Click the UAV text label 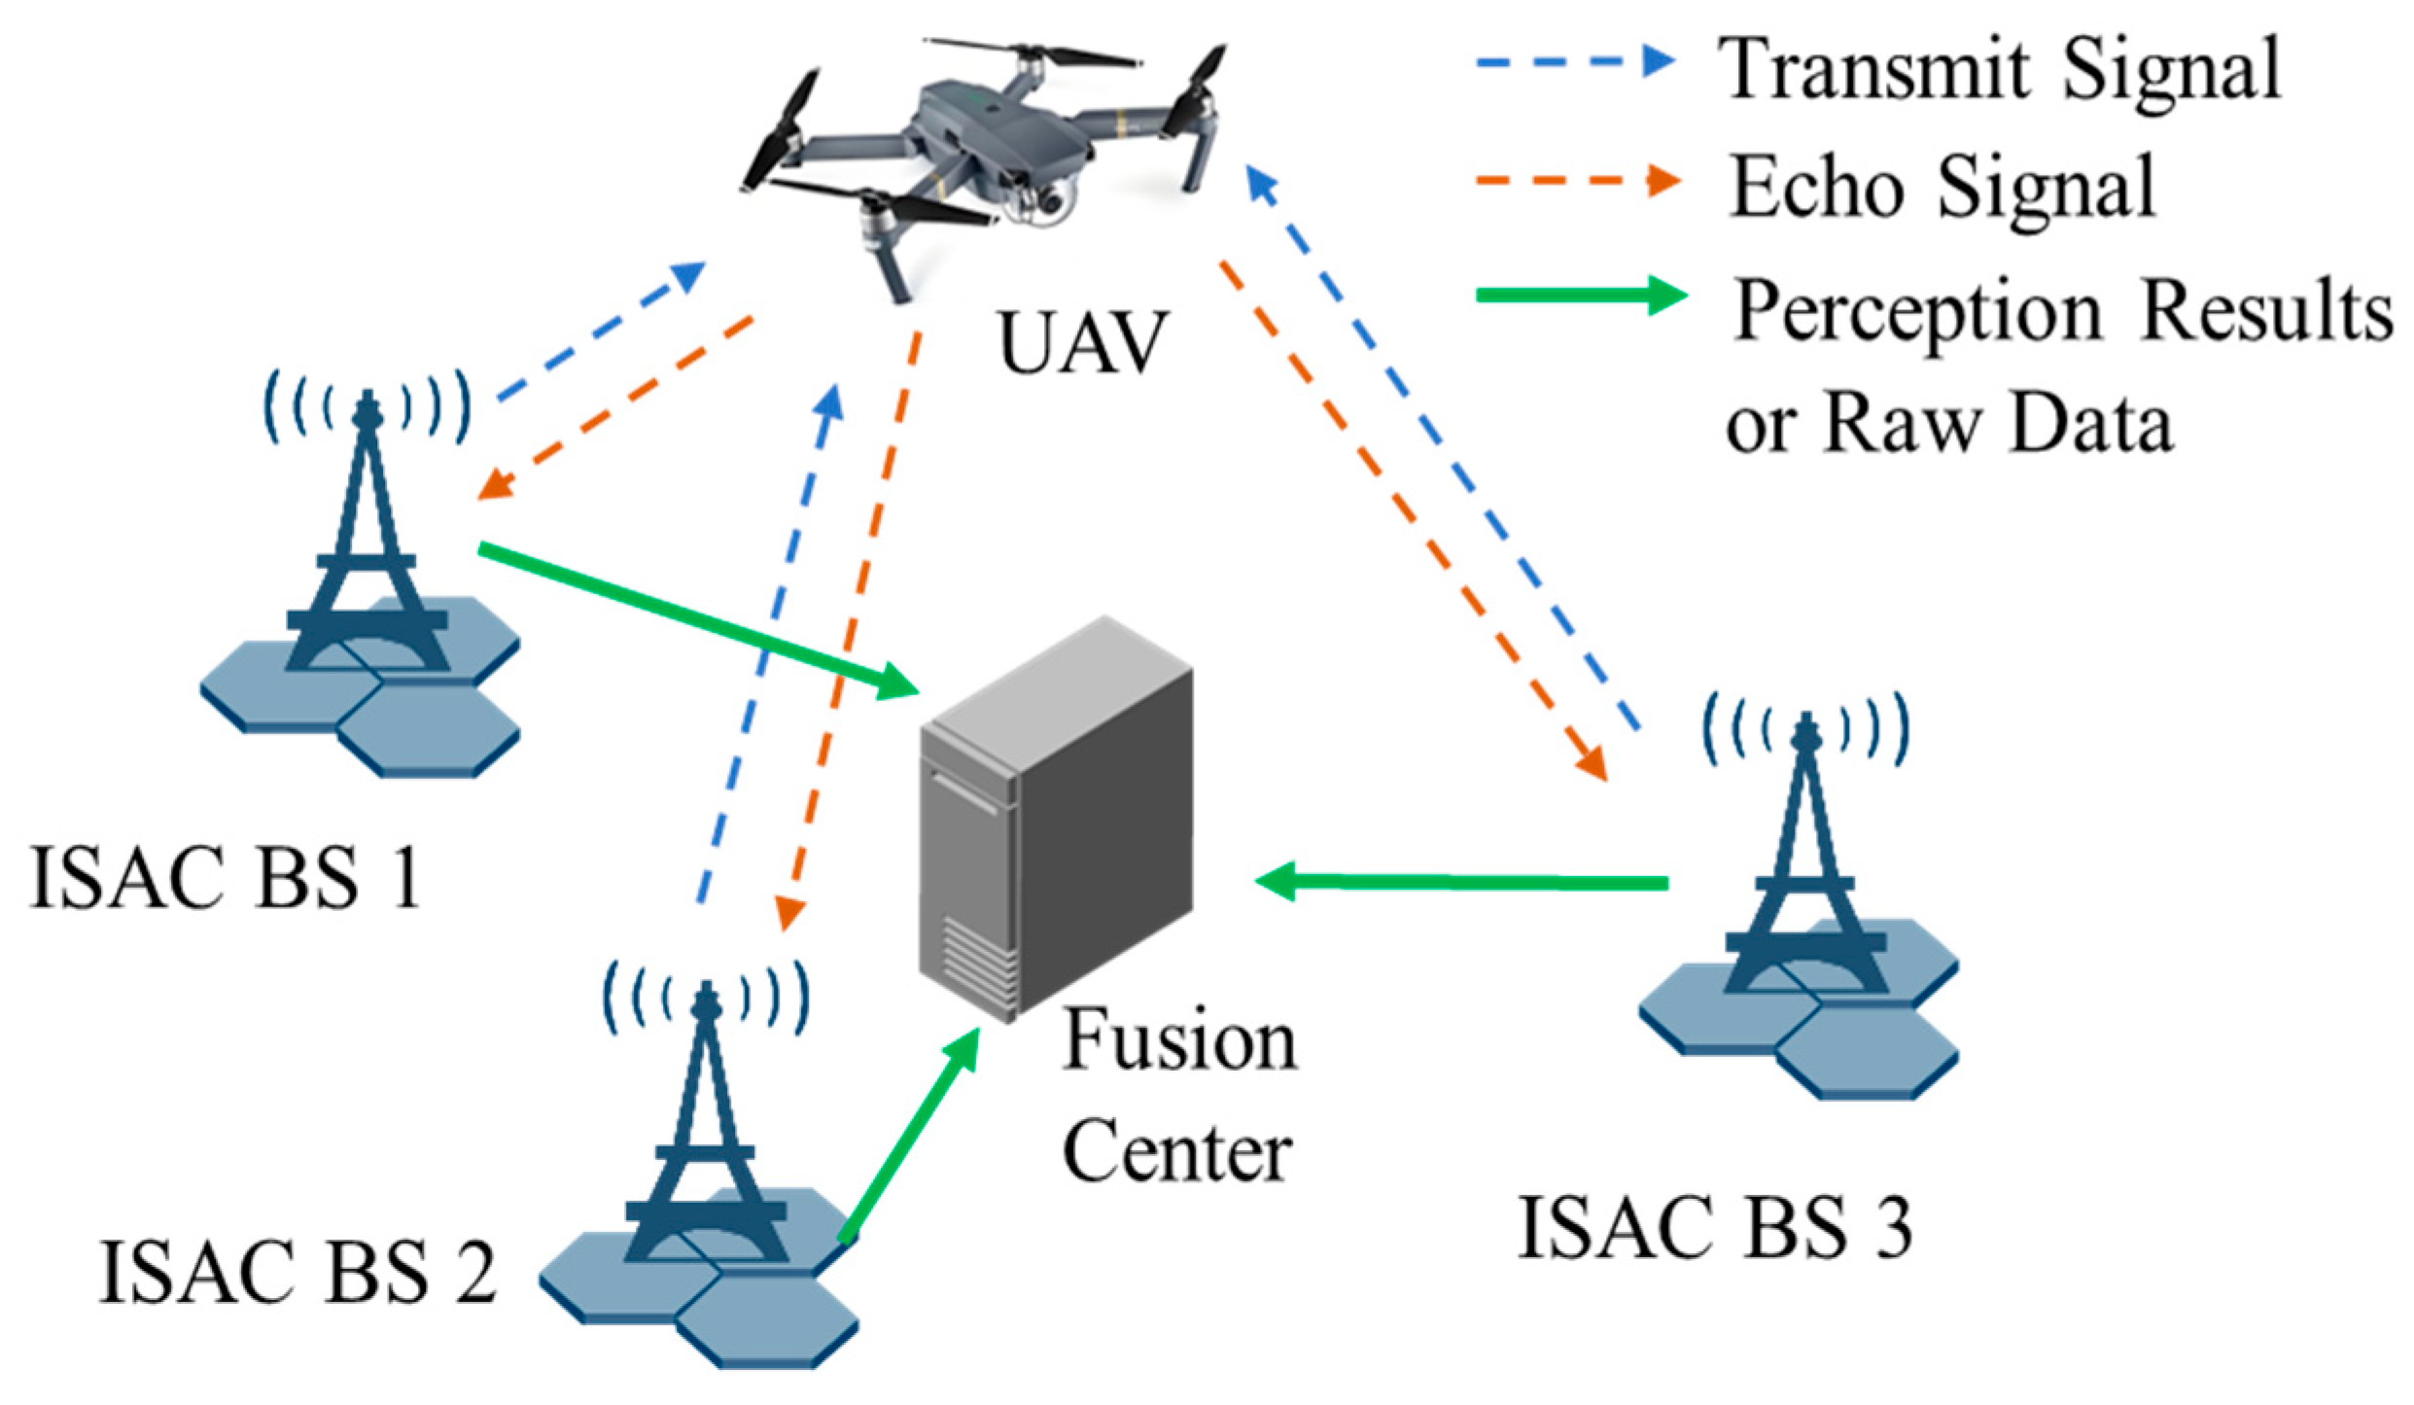pyautogui.click(x=1081, y=342)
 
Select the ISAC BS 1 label pyautogui.click(x=226, y=878)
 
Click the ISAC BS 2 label pyautogui.click(x=297, y=1272)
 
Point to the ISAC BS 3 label pyautogui.click(x=1715, y=1228)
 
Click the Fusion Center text pyautogui.click(x=1179, y=1097)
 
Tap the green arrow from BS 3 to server pyautogui.click(x=1458, y=882)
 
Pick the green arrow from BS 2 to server pyautogui.click(x=909, y=1133)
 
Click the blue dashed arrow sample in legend pyautogui.click(x=1575, y=63)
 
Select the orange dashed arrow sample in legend pyautogui.click(x=1575, y=181)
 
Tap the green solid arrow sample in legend pyautogui.click(x=1580, y=295)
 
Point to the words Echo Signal pyautogui.click(x=1942, y=187)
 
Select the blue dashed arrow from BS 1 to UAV pyautogui.click(x=598, y=331)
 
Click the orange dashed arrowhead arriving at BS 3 pyautogui.click(x=1591, y=763)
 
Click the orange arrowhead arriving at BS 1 pyautogui.click(x=494, y=484)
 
